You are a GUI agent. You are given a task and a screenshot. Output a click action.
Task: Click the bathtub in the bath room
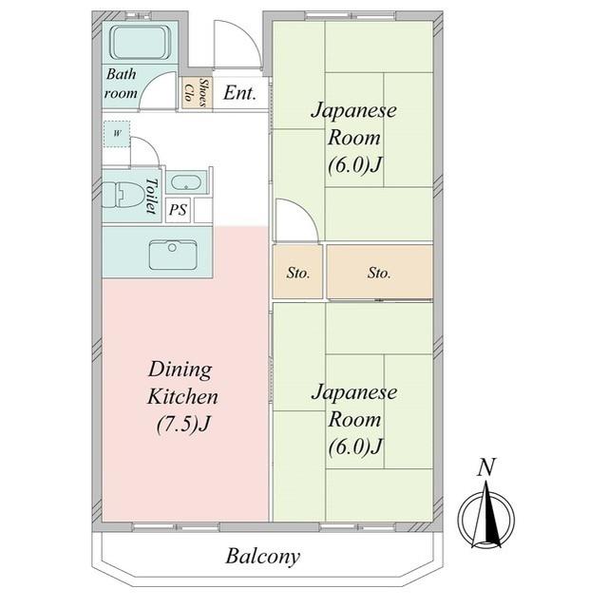[x=141, y=43]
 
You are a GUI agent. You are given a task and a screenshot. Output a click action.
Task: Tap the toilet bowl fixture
[x=123, y=196]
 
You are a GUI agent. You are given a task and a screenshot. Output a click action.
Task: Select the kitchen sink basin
[x=173, y=255]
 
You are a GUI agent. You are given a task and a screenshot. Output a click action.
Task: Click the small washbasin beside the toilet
[x=186, y=183]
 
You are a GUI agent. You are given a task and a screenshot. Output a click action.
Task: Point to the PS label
[x=178, y=210]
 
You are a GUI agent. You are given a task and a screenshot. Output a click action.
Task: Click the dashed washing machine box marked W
[x=117, y=134]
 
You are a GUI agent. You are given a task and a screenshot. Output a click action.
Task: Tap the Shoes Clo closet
[x=197, y=92]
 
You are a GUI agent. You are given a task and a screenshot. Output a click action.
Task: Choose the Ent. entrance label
[x=240, y=93]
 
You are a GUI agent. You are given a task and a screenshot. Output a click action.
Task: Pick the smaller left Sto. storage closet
[x=297, y=272]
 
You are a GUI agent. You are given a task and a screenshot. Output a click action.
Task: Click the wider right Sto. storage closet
[x=380, y=272]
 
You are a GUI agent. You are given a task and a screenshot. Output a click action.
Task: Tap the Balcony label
[x=263, y=557]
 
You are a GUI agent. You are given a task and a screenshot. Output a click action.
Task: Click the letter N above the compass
[x=486, y=467]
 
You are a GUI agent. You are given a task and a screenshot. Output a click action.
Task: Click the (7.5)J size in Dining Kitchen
[x=183, y=425]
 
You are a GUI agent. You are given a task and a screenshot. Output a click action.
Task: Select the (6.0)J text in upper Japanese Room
[x=355, y=165]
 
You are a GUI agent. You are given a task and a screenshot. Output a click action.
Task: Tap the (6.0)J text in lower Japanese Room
[x=355, y=447]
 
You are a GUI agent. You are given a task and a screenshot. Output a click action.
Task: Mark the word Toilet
[x=152, y=197]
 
